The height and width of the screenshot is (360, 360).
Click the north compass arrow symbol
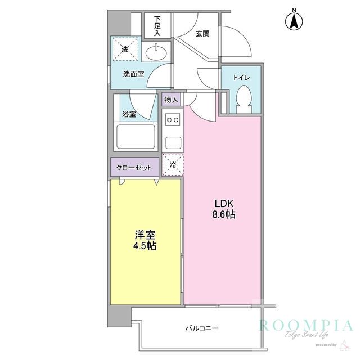click(x=294, y=21)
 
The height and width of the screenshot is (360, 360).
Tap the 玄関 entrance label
click(x=202, y=33)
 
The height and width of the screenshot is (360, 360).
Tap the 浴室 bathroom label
click(x=129, y=114)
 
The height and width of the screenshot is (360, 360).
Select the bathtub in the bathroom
click(x=135, y=137)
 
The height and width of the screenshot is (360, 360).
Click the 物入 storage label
click(x=171, y=100)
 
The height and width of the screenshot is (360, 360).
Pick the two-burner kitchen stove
click(x=172, y=119)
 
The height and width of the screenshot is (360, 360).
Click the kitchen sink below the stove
click(x=172, y=141)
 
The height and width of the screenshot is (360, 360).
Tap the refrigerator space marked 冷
click(x=172, y=165)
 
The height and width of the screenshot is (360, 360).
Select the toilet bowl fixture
click(x=245, y=100)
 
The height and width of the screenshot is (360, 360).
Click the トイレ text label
click(x=241, y=77)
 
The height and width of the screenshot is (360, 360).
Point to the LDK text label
click(x=222, y=204)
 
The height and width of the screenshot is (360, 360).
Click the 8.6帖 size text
click(x=223, y=215)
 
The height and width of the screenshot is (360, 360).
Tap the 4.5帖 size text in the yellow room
click(x=145, y=246)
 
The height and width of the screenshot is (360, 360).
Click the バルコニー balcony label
click(x=201, y=328)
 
